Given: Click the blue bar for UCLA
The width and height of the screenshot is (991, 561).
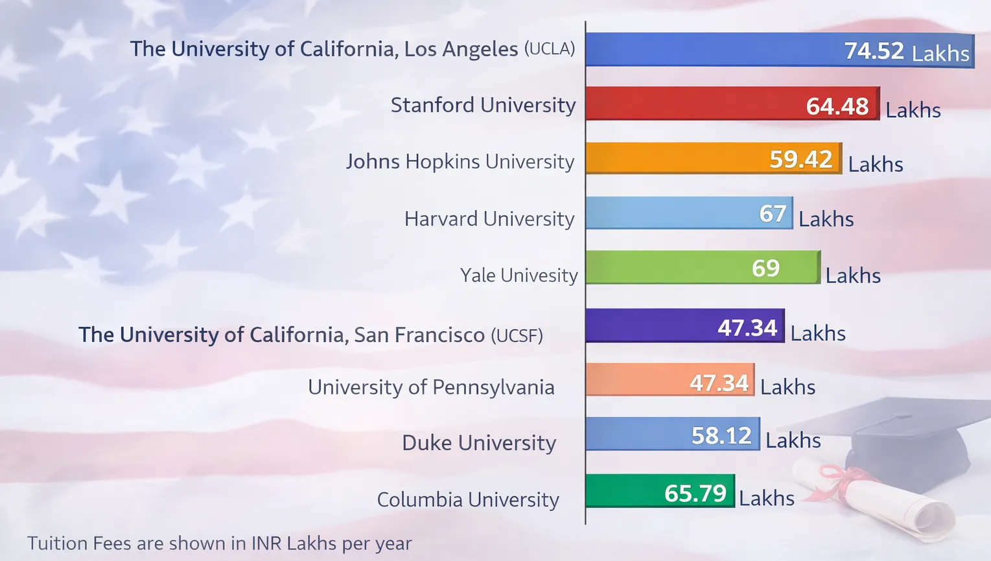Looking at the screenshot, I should [x=713, y=50].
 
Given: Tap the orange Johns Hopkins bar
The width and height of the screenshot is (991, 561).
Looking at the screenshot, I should [x=674, y=159].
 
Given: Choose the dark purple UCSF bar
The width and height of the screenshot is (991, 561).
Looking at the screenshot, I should [x=648, y=326].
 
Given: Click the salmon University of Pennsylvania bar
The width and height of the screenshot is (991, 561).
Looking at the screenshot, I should [x=635, y=380].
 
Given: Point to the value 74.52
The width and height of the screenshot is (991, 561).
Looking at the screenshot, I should [x=874, y=51].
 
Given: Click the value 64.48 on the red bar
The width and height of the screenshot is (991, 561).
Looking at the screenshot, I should [x=837, y=106].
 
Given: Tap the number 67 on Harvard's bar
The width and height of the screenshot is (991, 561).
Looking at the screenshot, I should [x=773, y=214].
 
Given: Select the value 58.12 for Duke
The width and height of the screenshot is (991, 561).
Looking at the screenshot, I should [x=721, y=435].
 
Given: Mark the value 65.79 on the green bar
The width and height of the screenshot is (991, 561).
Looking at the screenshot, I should [x=695, y=494].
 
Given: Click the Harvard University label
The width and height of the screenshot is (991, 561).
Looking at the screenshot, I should [x=489, y=219].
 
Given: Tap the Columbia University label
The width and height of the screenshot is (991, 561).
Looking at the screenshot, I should [x=468, y=499].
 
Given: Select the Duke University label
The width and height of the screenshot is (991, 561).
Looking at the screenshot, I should [x=479, y=443].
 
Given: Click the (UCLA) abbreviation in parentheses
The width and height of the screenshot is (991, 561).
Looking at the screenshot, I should [x=550, y=49].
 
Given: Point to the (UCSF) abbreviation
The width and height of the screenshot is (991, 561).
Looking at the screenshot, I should [x=517, y=336].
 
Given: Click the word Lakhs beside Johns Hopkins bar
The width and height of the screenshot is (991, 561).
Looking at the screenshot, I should [x=875, y=165].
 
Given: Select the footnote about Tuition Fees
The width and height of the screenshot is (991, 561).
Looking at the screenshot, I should [x=219, y=543].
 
